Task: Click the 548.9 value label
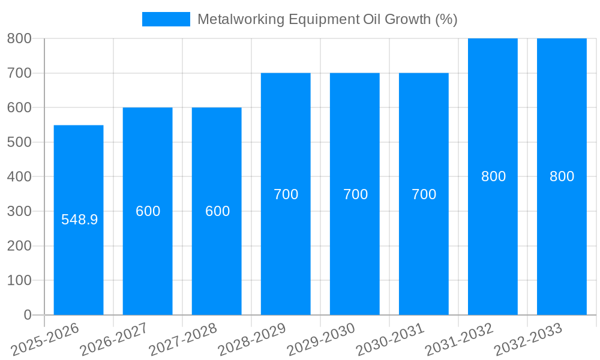pos(79,220)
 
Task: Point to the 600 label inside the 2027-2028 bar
pos(217,211)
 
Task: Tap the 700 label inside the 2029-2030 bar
pos(355,194)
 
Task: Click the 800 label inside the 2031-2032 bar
pos(493,176)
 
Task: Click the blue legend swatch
pos(166,19)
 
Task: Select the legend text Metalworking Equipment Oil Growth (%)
pos(327,19)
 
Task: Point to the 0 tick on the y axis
pos(27,315)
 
